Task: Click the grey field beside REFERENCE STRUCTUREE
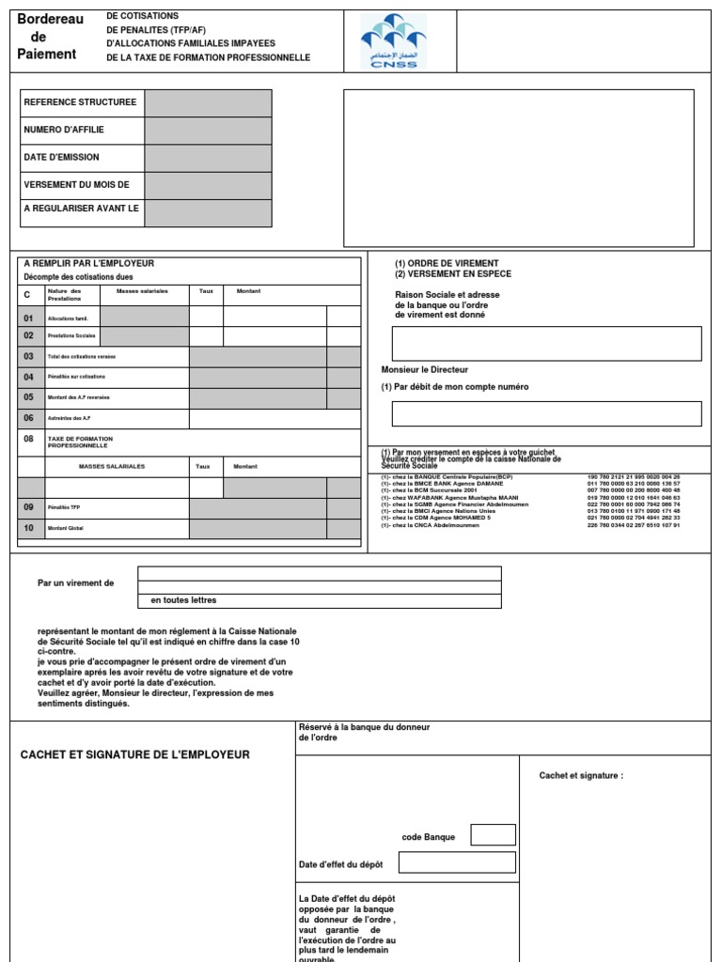208,103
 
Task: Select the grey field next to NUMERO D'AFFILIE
208,131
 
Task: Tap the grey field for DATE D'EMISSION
208,158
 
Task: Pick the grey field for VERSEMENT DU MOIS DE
208,185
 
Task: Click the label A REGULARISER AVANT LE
82,209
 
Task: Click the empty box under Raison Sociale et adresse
546,344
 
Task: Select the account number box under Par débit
546,413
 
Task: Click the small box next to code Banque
493,834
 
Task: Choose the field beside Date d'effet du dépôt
457,862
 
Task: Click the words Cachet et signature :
581,775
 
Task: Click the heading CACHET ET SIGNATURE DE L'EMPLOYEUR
135,754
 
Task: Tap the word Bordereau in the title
50,20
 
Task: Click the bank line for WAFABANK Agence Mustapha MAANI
451,497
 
